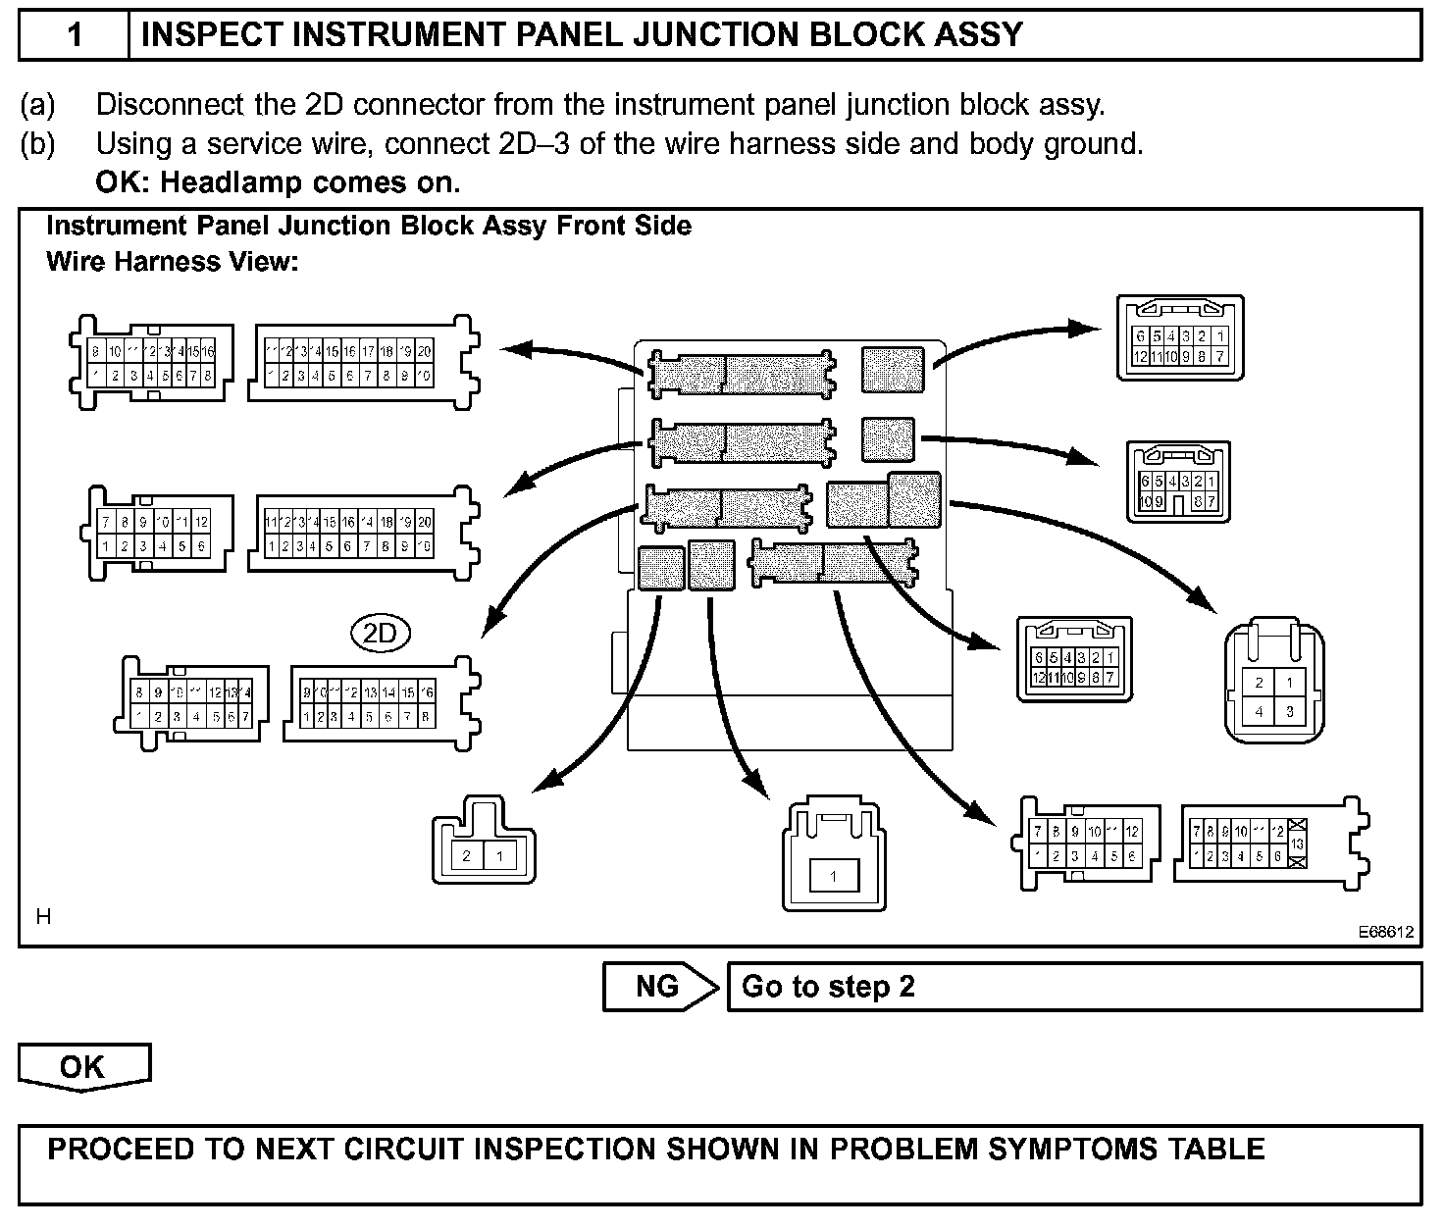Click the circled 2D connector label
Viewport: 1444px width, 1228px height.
point(380,634)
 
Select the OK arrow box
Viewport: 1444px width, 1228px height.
point(83,1066)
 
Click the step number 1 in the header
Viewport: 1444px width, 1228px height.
point(75,36)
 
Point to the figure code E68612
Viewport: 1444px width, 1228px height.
point(1386,933)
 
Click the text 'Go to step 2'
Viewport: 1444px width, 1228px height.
point(828,987)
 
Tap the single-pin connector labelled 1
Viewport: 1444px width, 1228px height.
point(833,876)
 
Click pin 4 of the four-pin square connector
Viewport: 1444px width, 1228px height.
point(1259,712)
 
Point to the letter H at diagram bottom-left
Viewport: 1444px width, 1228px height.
point(43,917)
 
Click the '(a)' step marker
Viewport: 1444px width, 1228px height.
point(37,104)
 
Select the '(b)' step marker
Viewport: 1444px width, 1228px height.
point(37,144)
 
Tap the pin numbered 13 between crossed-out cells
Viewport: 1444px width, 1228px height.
point(1297,844)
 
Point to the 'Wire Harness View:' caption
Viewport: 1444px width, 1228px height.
point(173,262)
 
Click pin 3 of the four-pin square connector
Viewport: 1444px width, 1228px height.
point(1290,712)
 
